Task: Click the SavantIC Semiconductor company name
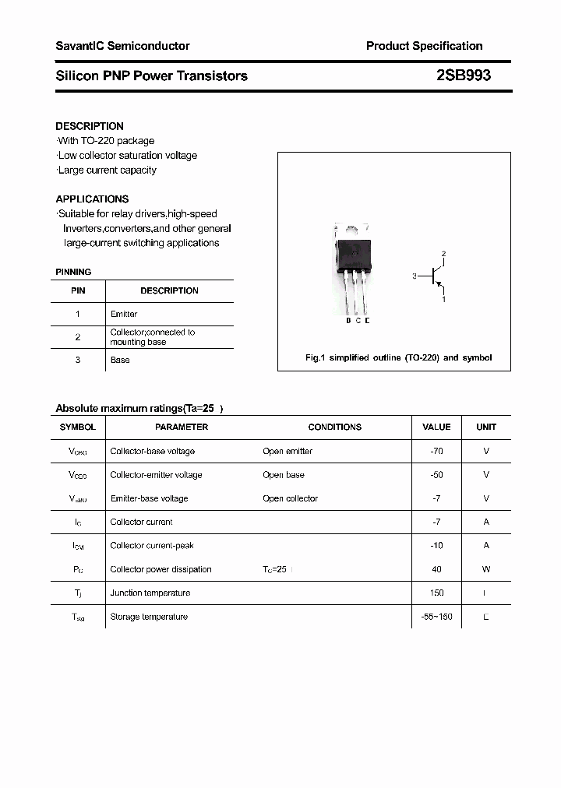tap(122, 46)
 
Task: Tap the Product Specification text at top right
tap(424, 46)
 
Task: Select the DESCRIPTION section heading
tap(90, 126)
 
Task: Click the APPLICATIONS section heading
tap(92, 199)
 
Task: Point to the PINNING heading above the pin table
tap(73, 272)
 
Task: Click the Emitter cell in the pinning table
tap(124, 314)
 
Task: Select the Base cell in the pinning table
tap(120, 360)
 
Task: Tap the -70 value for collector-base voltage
tap(436, 451)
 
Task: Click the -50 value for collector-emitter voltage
tap(436, 474)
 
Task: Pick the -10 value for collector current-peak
tap(436, 545)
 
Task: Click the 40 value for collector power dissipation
tap(436, 569)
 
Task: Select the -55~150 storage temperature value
tap(436, 617)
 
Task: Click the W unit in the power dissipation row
tap(486, 569)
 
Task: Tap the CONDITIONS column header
tap(335, 427)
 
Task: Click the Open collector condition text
tap(290, 498)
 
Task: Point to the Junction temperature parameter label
tap(150, 593)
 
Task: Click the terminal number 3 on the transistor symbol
tap(415, 276)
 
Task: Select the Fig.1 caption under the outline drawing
tap(398, 357)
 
